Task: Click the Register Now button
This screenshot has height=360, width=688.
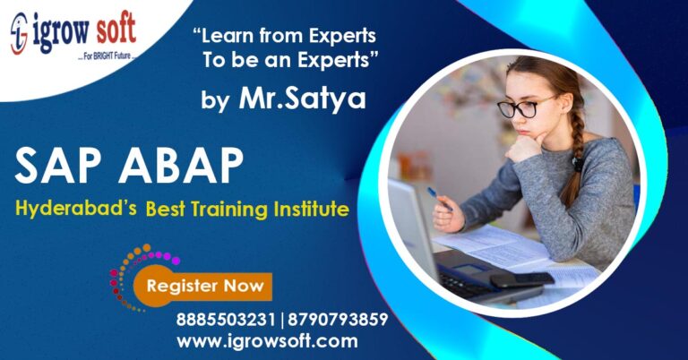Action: (204, 287)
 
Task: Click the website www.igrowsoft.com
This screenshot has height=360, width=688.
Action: (266, 341)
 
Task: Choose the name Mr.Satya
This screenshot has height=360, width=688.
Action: (302, 98)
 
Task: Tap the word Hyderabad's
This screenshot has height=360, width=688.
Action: (76, 210)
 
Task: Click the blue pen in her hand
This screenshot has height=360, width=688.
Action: (436, 198)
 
